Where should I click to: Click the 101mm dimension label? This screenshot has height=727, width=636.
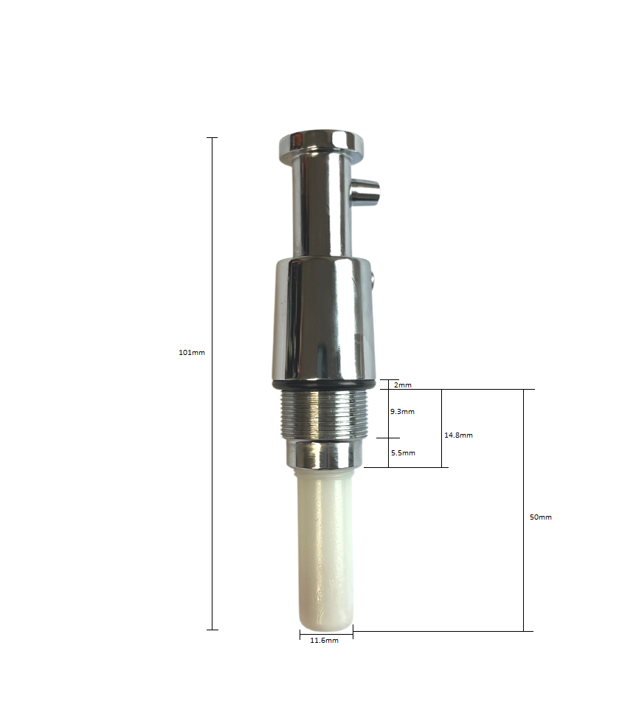(192, 353)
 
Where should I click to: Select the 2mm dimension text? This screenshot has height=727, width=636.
(403, 385)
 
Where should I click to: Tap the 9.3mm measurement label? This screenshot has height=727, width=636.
(403, 411)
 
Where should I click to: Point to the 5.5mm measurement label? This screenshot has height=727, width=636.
(403, 452)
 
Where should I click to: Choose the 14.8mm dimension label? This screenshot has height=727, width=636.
(458, 435)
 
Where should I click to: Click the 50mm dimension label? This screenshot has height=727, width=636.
(541, 517)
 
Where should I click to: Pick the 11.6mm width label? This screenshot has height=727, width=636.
(324, 641)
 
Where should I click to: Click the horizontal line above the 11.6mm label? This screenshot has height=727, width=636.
(326, 633)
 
